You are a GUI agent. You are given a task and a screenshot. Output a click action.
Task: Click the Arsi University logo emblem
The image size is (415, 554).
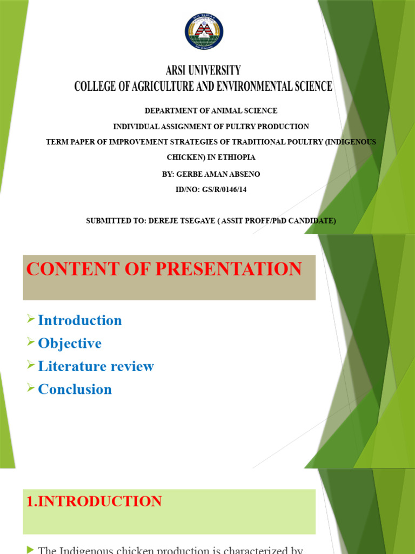point(203,32)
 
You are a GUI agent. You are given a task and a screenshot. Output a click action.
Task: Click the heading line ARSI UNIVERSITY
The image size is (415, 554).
point(203,70)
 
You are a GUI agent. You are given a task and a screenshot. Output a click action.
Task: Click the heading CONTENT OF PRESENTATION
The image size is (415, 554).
point(164,269)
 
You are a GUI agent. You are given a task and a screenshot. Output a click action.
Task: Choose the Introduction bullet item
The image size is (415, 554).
point(80,320)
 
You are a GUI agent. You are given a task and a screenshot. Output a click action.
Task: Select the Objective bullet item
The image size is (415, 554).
point(70,344)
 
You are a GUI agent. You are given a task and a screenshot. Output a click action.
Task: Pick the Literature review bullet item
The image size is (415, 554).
point(96,366)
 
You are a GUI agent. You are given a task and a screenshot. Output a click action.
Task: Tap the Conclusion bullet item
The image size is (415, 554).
point(75,390)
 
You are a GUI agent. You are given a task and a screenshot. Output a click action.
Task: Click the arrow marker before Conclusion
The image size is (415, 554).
point(31,388)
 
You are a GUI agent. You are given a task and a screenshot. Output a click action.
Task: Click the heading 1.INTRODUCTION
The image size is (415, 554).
point(94,502)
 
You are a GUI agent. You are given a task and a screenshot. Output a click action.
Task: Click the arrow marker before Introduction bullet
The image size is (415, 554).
point(31,319)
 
